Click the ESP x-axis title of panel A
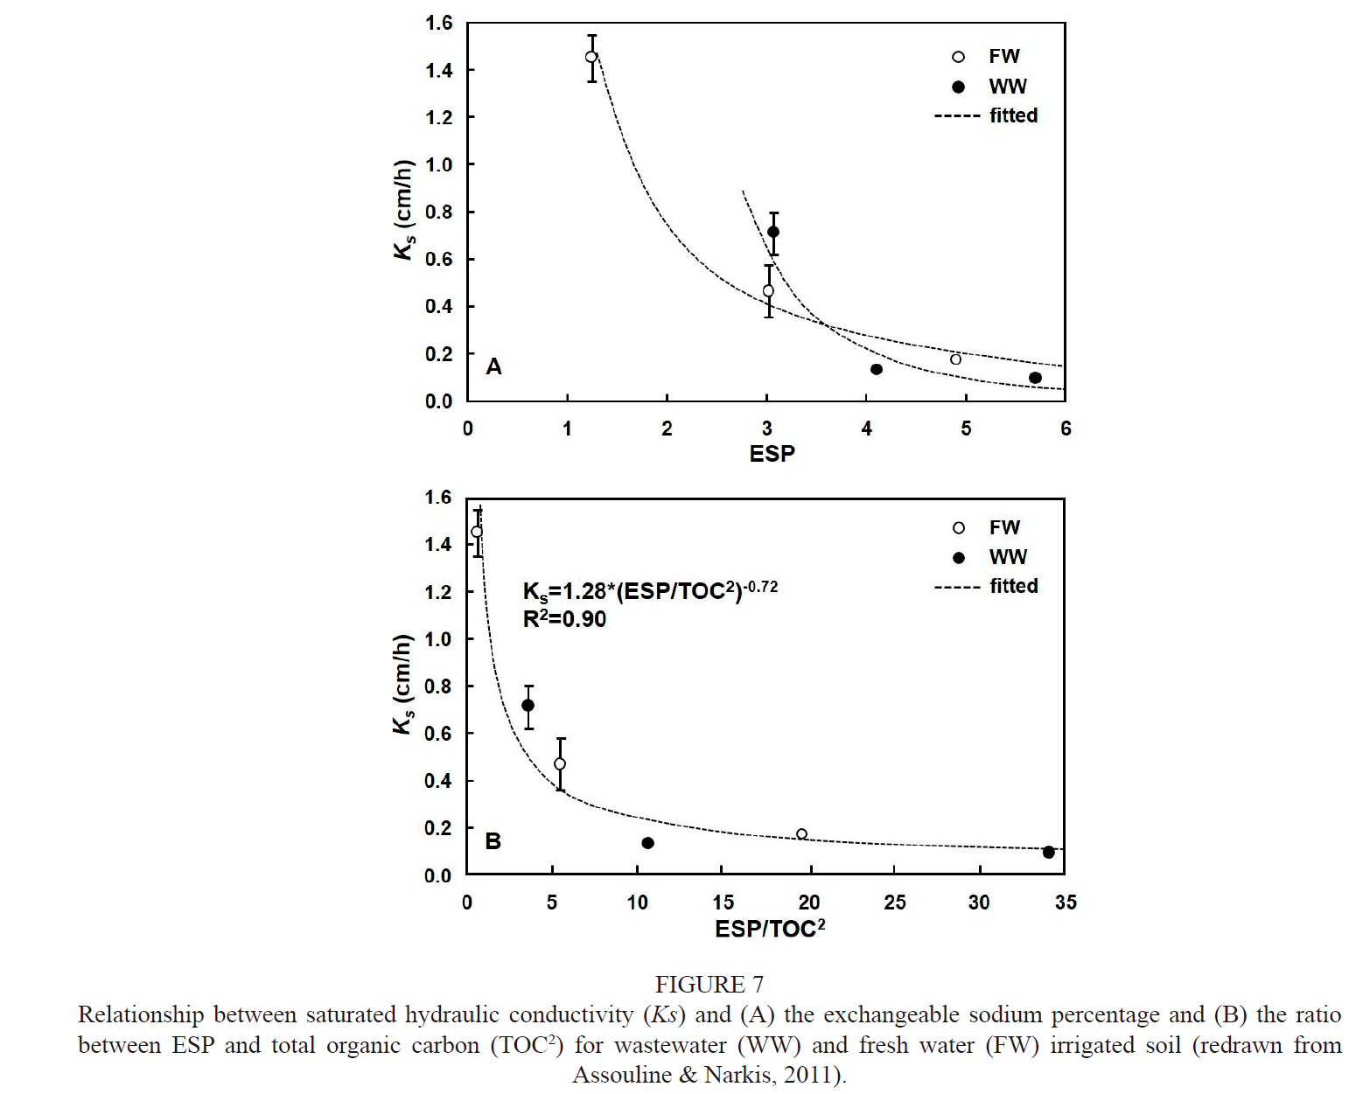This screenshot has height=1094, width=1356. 772,453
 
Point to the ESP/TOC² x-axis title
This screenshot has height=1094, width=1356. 770,929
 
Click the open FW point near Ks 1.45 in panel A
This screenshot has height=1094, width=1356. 591,57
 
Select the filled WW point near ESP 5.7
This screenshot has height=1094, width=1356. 1035,378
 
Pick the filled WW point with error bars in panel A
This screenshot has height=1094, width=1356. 773,232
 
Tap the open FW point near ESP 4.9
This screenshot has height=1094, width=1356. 955,359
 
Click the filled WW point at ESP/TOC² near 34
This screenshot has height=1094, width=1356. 1048,852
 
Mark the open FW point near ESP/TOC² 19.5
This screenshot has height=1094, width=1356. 801,834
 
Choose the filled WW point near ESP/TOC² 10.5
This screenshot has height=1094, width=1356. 647,843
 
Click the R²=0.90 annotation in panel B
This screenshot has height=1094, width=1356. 564,619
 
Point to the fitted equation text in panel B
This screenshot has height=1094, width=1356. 649,590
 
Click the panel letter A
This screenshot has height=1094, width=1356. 493,366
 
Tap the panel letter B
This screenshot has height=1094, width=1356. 493,841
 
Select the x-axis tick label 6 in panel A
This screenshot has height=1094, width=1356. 1066,429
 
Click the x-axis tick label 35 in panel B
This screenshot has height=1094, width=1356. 1066,902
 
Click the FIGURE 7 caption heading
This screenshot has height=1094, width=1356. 709,985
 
